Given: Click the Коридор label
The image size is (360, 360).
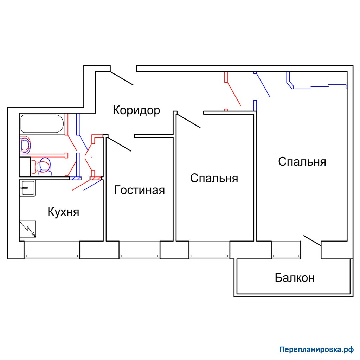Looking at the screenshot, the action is coord(136,110).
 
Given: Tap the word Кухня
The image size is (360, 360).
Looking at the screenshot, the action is coord(63,212).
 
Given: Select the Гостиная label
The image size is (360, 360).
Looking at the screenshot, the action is coord(139,190).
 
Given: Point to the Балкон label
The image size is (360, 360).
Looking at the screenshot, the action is coord(295,278).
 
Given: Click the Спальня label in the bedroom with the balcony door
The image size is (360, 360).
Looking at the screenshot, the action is coord(302,162).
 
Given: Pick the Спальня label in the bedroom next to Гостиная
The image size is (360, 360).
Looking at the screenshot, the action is coord(214,178).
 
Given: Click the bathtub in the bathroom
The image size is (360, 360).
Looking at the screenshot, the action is coord(42,124).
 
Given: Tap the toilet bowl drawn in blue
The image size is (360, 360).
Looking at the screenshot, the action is coord(45,166).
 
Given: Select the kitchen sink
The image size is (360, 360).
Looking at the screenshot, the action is coord(27,188).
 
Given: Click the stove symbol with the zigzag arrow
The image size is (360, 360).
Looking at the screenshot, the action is coord(27,229).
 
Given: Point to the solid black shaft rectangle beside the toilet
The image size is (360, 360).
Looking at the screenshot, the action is coord(25,167).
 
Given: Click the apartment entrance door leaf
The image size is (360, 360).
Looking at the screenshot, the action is coord(122,78).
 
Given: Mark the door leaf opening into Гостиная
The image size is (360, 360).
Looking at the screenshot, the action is coord(119,144).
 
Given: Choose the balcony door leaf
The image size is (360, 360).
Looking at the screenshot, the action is coord(312,240).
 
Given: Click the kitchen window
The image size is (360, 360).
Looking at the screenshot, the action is coord(52,256).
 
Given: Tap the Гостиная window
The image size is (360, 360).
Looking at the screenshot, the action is coord(139,256).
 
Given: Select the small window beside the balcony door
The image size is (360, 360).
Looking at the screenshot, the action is coord(286,256).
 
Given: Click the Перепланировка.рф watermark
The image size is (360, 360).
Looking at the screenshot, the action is coord(317,350).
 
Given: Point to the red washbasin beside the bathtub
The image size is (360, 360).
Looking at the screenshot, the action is coord(25,145).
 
